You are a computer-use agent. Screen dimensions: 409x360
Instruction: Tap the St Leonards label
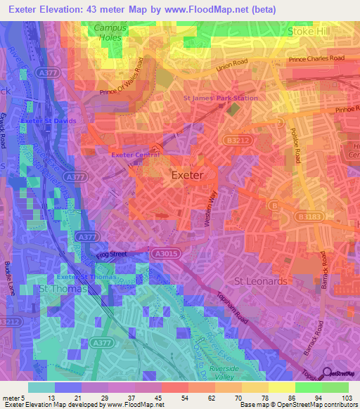coord(261,281)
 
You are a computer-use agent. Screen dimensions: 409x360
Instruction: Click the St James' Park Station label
coord(221,98)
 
